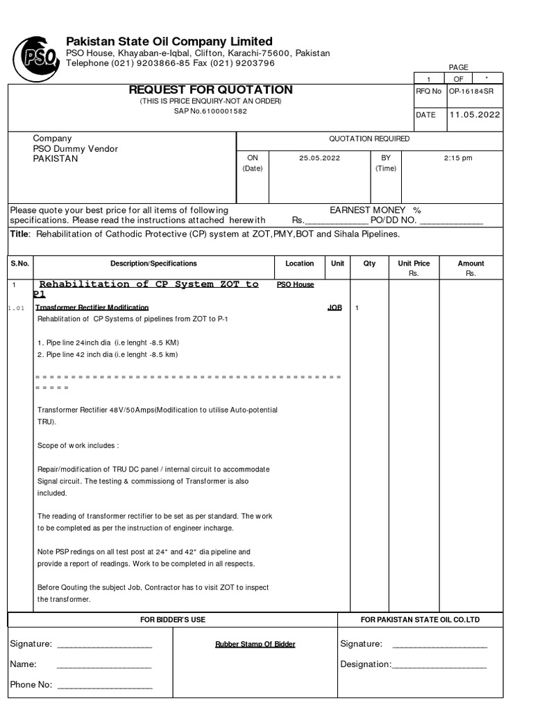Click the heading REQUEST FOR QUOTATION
tap(210, 90)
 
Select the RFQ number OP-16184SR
tap(471, 92)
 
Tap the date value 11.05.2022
tap(474, 115)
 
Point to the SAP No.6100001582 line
tap(210, 112)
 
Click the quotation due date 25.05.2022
tap(319, 158)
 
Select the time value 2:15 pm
tap(457, 158)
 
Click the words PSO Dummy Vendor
tap(76, 148)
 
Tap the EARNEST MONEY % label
tap(375, 210)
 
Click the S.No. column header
tap(20, 263)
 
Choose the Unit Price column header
tap(414, 263)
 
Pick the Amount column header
tap(471, 263)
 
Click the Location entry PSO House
tap(295, 285)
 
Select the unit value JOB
tap(335, 307)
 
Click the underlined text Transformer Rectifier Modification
tap(92, 307)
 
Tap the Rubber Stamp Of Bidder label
tap(255, 644)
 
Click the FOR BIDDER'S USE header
tap(172, 619)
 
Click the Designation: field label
tap(366, 664)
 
